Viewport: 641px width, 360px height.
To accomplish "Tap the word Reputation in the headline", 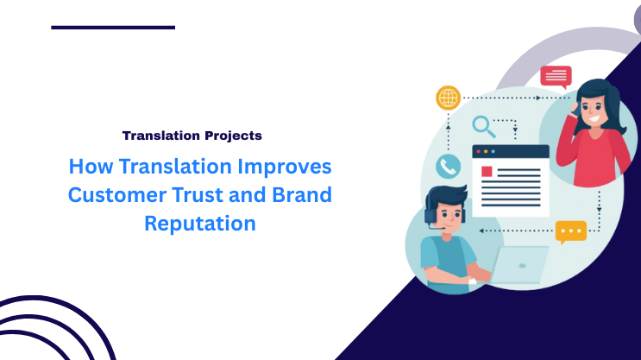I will [199, 224].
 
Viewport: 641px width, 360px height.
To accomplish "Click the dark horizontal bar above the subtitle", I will [113, 28].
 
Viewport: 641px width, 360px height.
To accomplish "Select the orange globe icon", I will [448, 98].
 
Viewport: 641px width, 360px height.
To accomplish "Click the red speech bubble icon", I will [556, 76].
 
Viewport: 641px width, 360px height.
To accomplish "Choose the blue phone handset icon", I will [448, 166].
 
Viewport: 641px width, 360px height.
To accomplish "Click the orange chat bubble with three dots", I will [570, 231].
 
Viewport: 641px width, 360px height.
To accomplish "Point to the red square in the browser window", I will [487, 171].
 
